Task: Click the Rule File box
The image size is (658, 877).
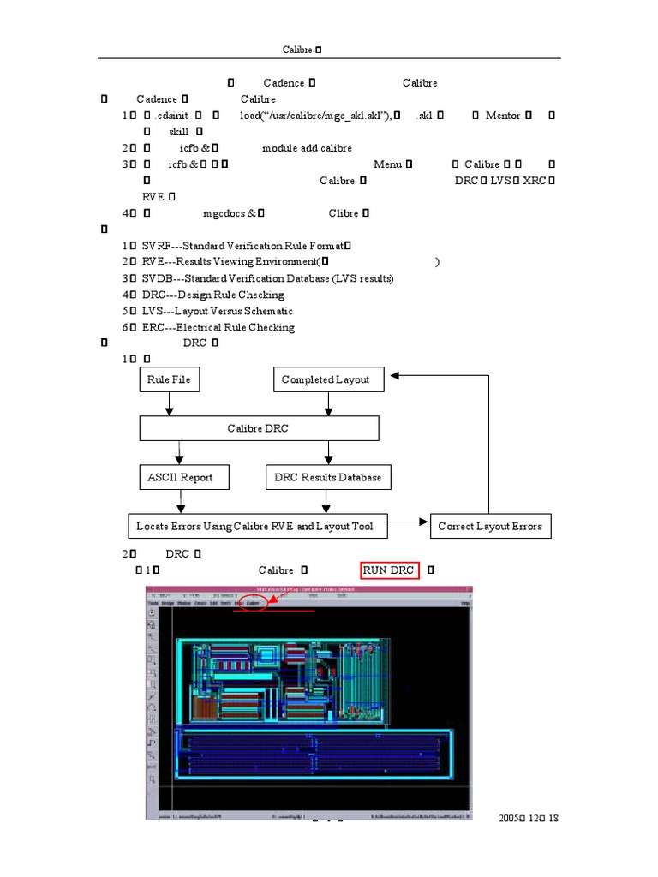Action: [170, 379]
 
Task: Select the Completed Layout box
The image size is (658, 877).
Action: [326, 379]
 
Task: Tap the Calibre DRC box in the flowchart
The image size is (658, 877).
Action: [258, 428]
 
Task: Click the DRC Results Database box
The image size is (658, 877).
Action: [327, 477]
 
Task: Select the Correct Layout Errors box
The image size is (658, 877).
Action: [489, 526]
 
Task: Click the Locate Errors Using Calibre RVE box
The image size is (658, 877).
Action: [255, 526]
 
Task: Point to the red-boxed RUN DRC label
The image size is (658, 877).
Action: [389, 570]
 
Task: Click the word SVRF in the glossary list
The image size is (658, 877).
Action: [157, 247]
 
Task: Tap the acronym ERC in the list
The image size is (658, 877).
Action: [153, 328]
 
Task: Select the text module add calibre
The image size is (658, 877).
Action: [307, 148]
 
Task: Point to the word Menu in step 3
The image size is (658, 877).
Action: [387, 164]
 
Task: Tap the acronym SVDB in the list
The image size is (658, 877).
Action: [158, 279]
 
